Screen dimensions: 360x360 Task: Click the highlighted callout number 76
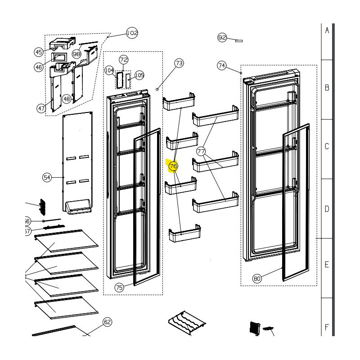[x=173, y=167]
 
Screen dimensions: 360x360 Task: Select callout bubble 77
[x=201, y=152]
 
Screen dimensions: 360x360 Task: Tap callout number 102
[x=132, y=33]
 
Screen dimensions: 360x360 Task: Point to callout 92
[x=222, y=38]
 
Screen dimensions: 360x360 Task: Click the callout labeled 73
[x=179, y=63]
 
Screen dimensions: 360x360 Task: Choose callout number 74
[x=222, y=66]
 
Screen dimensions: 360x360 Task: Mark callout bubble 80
[x=257, y=279]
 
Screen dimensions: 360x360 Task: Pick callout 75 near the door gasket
[x=119, y=288]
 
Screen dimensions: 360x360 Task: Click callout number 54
[x=47, y=177]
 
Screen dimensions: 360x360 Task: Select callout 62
[x=107, y=322]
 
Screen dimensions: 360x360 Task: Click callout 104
[x=109, y=71]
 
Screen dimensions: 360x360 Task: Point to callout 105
[x=139, y=75]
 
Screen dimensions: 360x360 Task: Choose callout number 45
[x=39, y=52]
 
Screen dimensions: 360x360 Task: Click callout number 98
[x=76, y=54]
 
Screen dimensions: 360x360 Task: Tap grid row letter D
[x=327, y=208]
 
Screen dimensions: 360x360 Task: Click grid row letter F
[x=327, y=327]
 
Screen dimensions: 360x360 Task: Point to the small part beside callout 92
[x=238, y=40]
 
